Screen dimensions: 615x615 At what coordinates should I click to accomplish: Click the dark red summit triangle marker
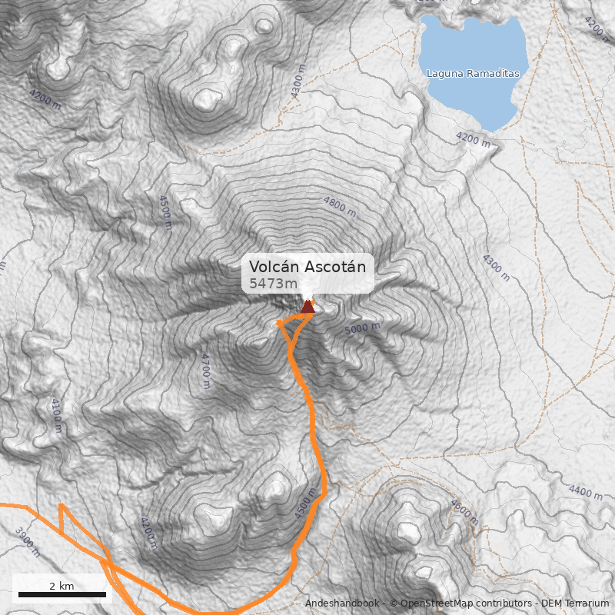308,307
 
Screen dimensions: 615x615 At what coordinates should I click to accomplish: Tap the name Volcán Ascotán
307,267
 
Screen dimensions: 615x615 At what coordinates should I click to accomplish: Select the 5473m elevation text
273,284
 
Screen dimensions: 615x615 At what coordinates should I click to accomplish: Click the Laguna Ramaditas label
473,74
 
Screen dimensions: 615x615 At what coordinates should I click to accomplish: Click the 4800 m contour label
341,205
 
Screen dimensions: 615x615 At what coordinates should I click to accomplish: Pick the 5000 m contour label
362,329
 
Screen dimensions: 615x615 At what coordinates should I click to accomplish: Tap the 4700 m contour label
205,370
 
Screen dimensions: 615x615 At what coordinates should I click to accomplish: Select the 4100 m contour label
56,415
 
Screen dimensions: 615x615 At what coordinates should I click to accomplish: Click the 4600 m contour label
464,514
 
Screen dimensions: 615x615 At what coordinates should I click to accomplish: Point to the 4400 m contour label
587,491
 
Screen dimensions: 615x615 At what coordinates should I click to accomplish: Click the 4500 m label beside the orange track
306,504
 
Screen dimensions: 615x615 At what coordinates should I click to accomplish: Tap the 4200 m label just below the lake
473,139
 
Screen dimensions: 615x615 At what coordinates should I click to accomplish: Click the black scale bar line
61,594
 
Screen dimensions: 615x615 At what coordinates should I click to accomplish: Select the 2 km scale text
61,586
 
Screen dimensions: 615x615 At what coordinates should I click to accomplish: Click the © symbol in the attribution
394,603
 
